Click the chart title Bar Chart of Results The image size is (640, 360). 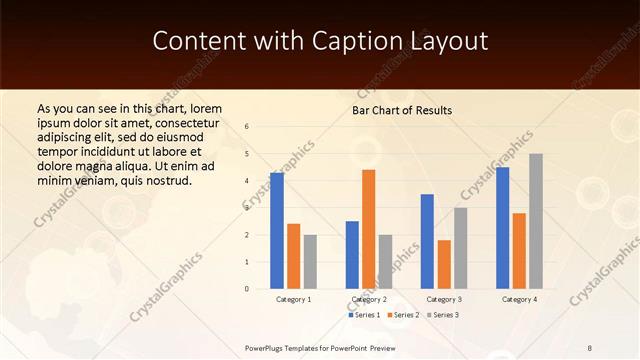click(x=402, y=110)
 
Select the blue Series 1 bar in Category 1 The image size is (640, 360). click(x=277, y=231)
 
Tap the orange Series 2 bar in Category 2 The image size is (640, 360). click(x=368, y=229)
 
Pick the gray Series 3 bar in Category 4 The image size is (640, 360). click(x=536, y=221)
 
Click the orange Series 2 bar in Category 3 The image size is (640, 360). click(x=444, y=264)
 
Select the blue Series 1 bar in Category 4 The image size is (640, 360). click(x=502, y=228)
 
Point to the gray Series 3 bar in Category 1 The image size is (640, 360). click(x=310, y=262)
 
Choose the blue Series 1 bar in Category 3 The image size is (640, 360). click(x=427, y=241)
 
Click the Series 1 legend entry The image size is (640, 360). click(x=364, y=315)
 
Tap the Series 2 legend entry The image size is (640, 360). click(x=405, y=315)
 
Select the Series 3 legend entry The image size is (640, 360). click(x=445, y=315)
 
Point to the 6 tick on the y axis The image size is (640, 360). click(x=247, y=127)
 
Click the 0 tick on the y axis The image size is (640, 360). click(x=247, y=289)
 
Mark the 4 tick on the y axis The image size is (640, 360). click(x=247, y=181)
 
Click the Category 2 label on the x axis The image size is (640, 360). click(x=368, y=299)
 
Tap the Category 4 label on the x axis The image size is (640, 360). click(x=518, y=299)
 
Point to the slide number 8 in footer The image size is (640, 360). click(x=590, y=346)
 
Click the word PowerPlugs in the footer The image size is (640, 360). click(x=270, y=346)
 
